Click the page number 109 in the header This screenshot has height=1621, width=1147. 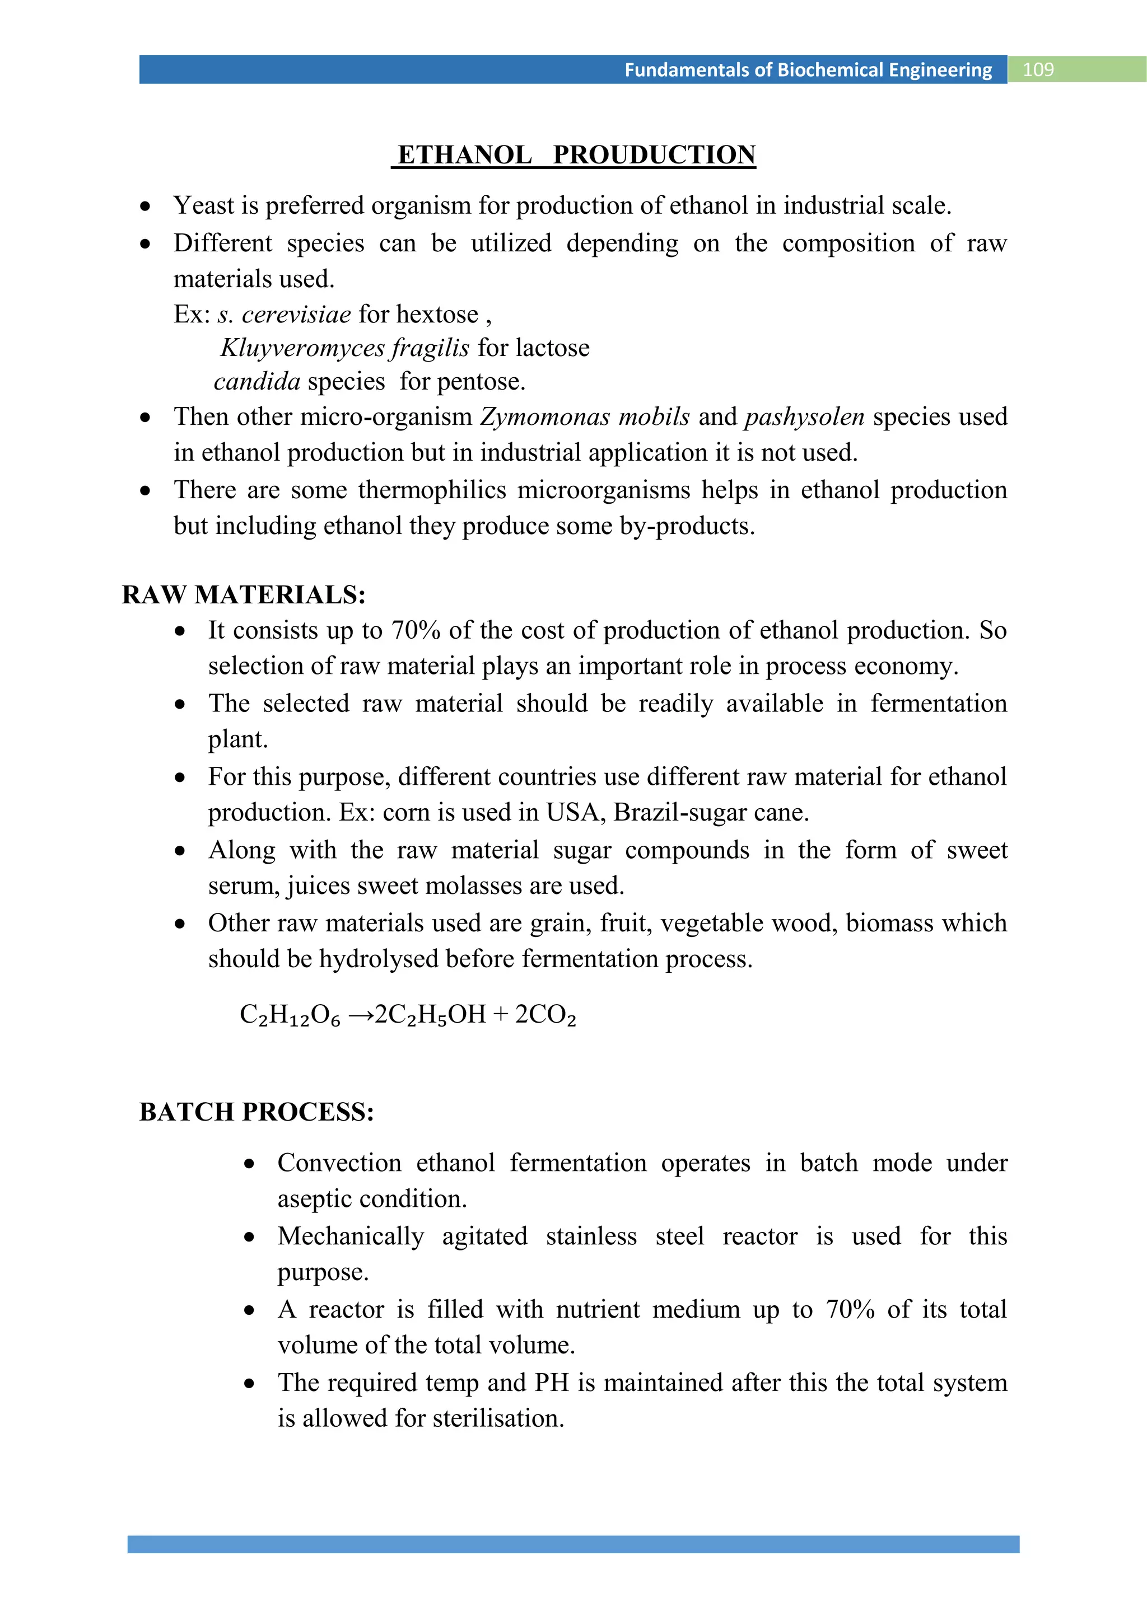point(1038,70)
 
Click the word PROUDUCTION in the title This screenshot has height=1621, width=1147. point(654,154)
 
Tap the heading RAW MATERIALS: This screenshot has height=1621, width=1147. point(244,594)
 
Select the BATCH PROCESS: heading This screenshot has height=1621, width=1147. point(257,1111)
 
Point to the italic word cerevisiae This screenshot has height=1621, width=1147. point(296,314)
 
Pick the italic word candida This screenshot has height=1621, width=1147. point(257,381)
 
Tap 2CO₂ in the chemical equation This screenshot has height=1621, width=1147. point(545,1015)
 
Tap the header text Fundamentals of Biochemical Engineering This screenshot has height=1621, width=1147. point(808,70)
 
